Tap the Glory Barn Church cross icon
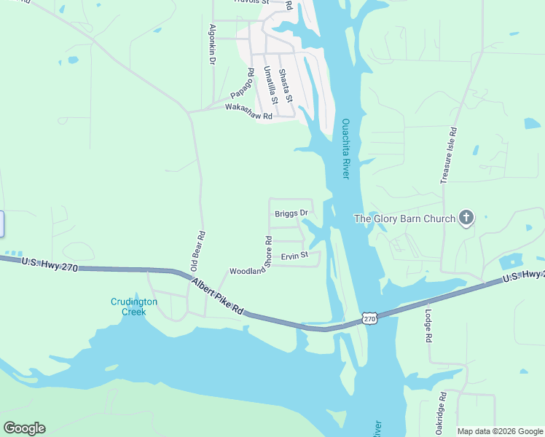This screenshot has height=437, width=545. coord(466,218)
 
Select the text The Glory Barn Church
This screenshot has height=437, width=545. coord(404,219)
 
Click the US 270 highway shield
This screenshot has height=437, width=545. coord(369,318)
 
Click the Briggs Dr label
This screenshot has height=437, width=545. coord(291,213)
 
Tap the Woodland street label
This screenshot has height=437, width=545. coord(247,271)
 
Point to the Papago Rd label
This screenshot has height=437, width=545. coord(241,85)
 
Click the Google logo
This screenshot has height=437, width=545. coord(24,428)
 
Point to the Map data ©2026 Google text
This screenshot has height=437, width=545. coord(500,431)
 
